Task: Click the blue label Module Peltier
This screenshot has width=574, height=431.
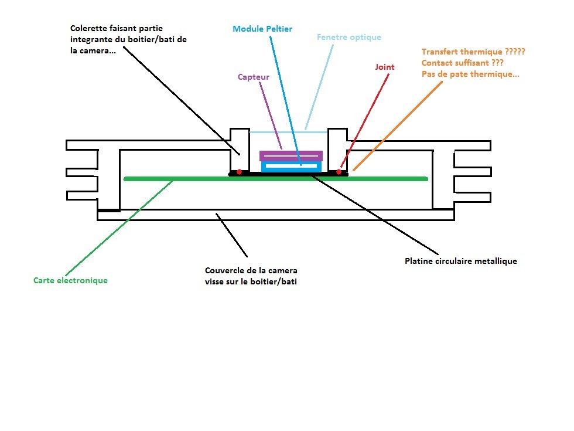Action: [x=262, y=29]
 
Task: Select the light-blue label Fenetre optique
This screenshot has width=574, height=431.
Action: [x=348, y=38]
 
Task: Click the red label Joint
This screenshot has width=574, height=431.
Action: [x=384, y=67]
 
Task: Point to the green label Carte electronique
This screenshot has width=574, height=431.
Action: [x=70, y=280]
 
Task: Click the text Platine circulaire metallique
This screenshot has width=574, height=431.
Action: [x=460, y=261]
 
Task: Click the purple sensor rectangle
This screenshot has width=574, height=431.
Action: [x=291, y=156]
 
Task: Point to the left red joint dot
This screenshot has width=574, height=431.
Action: [x=239, y=172]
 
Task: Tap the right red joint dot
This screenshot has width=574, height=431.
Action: [x=339, y=172]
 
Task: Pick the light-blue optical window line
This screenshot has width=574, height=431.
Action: [x=287, y=132]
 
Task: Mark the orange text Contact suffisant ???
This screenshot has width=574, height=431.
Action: [x=462, y=63]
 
